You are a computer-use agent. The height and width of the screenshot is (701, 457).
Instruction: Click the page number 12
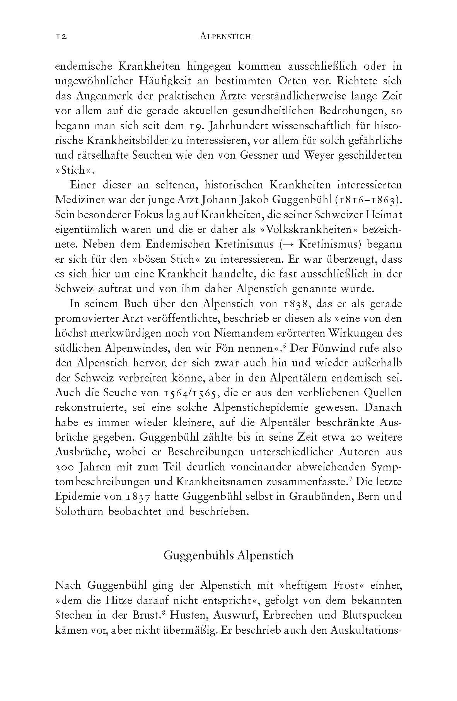click(x=61, y=37)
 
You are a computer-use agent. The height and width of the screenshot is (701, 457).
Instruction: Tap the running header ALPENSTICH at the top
click(x=226, y=37)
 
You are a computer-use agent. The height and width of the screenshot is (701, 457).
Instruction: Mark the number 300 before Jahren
click(x=65, y=467)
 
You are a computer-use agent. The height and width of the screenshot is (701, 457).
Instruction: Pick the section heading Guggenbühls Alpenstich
click(x=228, y=556)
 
